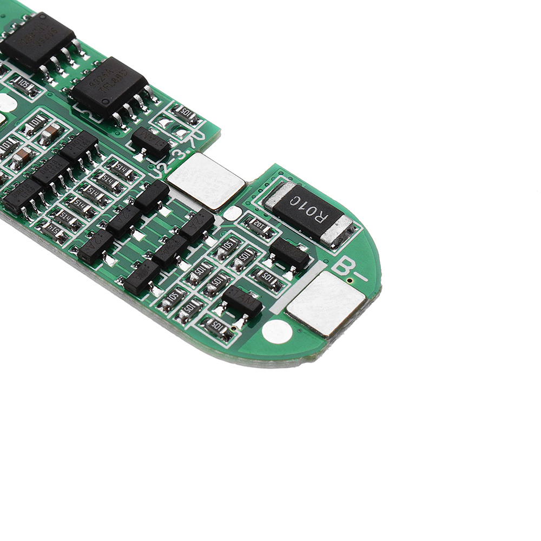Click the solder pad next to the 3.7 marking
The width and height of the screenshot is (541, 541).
tap(206, 181)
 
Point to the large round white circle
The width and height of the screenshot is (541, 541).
tap(276, 332)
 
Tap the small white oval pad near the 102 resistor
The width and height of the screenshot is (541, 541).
tap(232, 213)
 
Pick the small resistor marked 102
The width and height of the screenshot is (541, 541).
tap(259, 227)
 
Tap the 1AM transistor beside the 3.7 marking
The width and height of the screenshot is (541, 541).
tap(150, 143)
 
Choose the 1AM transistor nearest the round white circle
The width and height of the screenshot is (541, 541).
tap(242, 301)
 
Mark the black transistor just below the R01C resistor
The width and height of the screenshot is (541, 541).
tap(289, 253)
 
